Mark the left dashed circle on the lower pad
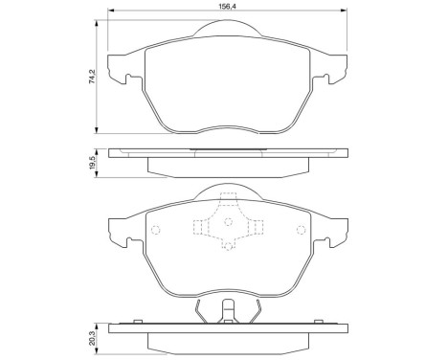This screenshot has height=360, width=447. (x=156, y=229)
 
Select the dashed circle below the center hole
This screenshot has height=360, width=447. (x=228, y=246)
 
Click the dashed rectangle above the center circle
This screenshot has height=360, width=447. (x=228, y=201)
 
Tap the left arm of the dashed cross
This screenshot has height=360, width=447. (x=202, y=227)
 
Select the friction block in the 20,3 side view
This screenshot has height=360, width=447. (x=228, y=340)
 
